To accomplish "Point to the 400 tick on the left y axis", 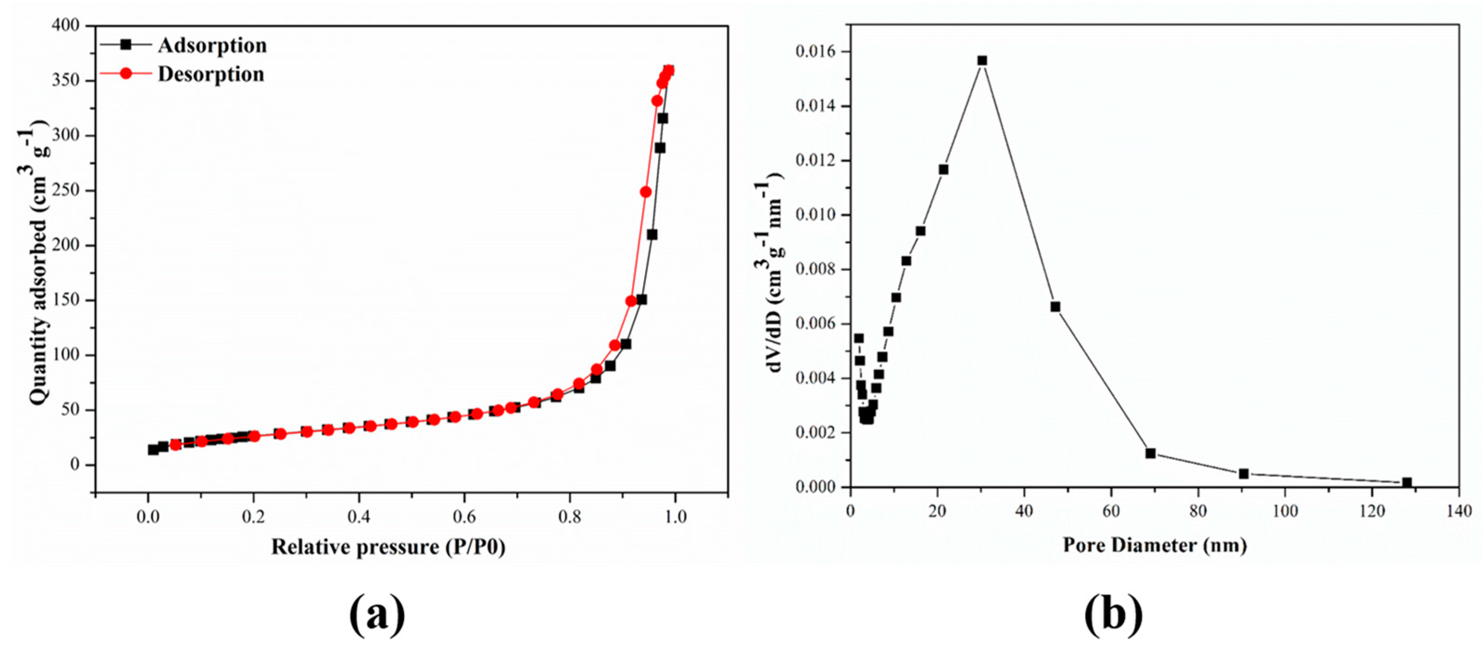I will (67, 26).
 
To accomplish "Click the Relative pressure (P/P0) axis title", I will (388, 546).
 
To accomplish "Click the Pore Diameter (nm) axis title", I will (1154, 544).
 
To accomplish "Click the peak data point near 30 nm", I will (982, 60).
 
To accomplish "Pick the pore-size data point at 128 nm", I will (1407, 482).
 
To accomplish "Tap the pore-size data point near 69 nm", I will (1151, 453).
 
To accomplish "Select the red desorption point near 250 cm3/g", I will (645, 192).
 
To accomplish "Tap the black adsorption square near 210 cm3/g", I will (652, 235).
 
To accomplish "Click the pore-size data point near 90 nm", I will (1243, 474).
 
